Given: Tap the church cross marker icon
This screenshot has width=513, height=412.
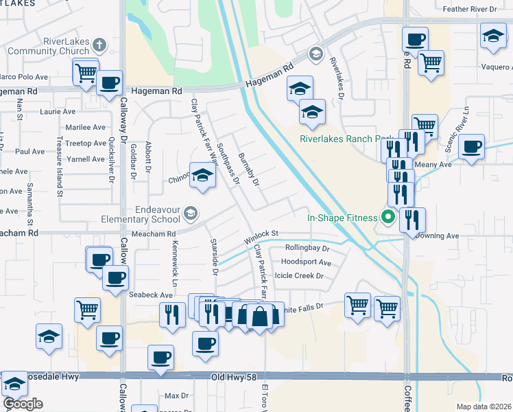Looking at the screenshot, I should pyautogui.click(x=99, y=45).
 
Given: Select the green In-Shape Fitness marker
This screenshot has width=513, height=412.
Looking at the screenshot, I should pyautogui.click(x=387, y=218).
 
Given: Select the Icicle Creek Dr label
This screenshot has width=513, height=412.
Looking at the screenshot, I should pyautogui.click(x=298, y=275).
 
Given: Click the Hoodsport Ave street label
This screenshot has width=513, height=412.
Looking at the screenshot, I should pyautogui.click(x=306, y=262).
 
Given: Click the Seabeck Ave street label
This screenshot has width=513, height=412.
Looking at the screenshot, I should pyautogui.click(x=151, y=294).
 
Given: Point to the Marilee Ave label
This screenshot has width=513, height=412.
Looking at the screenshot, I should pyautogui.click(x=85, y=127).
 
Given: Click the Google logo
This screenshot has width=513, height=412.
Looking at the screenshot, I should pyautogui.click(x=23, y=404).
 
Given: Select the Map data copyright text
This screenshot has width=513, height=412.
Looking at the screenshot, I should pyautogui.click(x=484, y=407).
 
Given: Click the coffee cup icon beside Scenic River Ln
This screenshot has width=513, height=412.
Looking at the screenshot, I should pyautogui.click(x=471, y=147).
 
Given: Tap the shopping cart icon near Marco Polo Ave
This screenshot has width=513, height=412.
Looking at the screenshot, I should pyautogui.click(x=85, y=71).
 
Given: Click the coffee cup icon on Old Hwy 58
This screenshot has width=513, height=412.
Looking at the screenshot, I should pyautogui.click(x=160, y=357).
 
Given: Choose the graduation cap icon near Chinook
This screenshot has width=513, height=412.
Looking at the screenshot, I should pyautogui.click(x=202, y=176).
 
